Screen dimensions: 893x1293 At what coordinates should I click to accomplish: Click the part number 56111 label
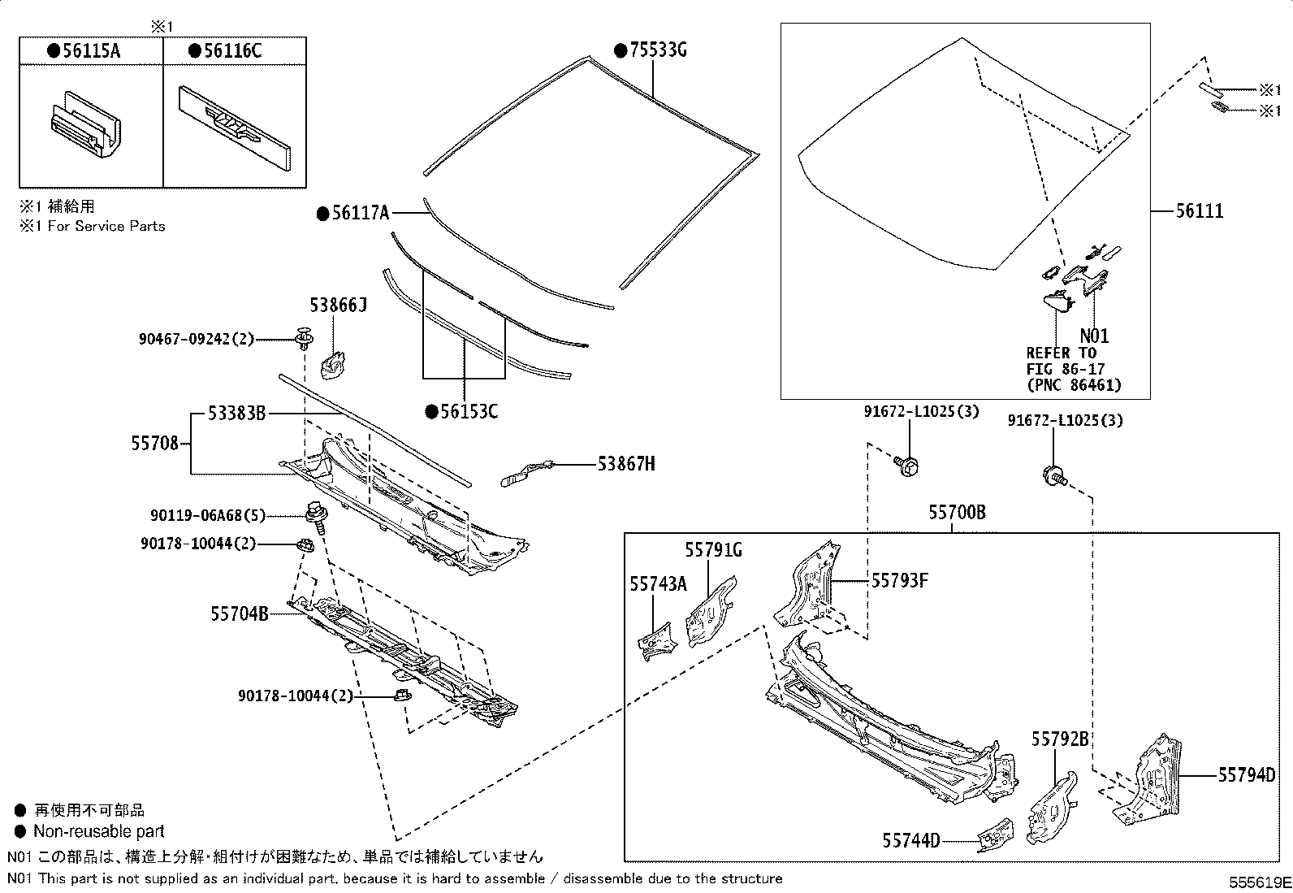pyautogui.click(x=1200, y=211)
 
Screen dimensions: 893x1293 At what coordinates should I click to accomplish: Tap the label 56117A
pyautogui.click(x=360, y=214)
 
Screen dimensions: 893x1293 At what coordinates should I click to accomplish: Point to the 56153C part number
pyautogui.click(x=469, y=412)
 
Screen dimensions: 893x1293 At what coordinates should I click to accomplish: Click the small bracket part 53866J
pyautogui.click(x=333, y=365)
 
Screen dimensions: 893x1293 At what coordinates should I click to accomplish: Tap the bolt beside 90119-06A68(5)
pyautogui.click(x=314, y=514)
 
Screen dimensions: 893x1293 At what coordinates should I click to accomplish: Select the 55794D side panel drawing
pyautogui.click(x=1148, y=780)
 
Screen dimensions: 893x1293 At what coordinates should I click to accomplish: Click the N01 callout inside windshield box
pyautogui.click(x=1093, y=336)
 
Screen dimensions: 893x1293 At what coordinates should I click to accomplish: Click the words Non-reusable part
pyautogui.click(x=98, y=831)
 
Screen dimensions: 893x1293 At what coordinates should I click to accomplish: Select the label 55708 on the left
pyautogui.click(x=154, y=444)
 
